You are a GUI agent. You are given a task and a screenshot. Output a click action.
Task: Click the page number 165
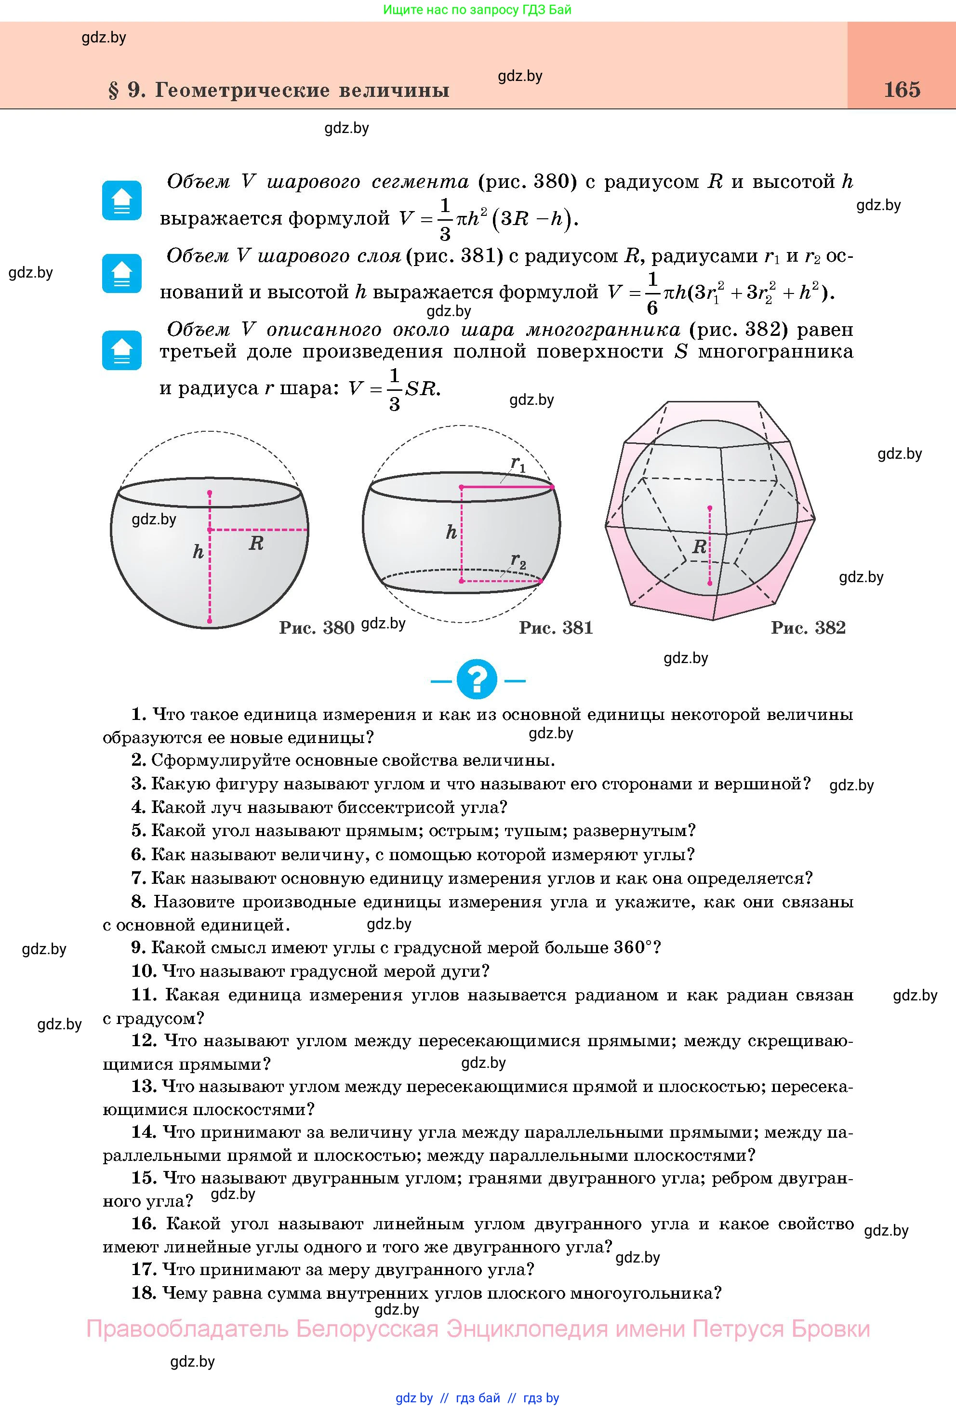coord(902,89)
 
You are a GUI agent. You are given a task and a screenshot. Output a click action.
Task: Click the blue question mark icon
coord(477,679)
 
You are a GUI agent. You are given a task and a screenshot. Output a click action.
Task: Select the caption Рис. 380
coord(316,627)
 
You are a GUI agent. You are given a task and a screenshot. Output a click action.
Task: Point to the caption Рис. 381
coord(556,627)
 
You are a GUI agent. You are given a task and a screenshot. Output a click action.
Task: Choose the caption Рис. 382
coord(808,627)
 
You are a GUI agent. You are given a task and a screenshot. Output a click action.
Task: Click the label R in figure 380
coord(256,544)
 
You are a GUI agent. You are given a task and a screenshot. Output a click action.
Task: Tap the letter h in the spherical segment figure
coord(198,551)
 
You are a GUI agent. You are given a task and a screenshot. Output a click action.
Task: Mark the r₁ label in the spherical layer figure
coord(518,464)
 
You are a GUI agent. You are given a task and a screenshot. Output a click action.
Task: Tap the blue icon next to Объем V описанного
coord(122,350)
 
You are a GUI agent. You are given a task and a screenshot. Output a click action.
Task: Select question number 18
coord(144,1293)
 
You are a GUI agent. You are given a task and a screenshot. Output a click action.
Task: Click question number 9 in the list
coord(139,947)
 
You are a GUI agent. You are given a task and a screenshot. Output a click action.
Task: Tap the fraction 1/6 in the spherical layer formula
coord(652,293)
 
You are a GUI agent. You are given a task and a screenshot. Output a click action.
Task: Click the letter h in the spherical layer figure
coord(451,532)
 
